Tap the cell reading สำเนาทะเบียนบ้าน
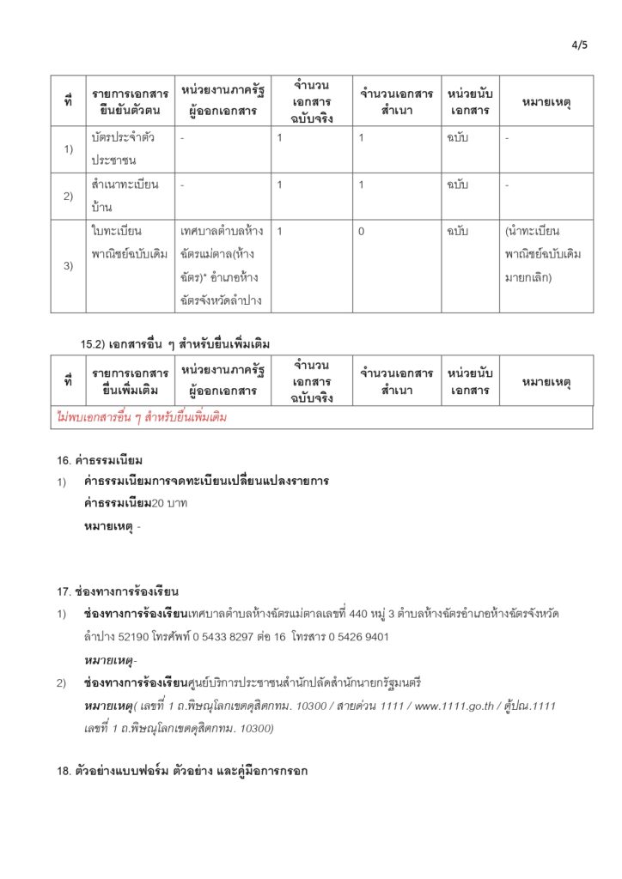[125, 196]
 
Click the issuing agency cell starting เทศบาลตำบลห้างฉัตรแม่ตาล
[223, 266]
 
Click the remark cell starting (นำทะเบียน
[545, 255]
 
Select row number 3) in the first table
[68, 266]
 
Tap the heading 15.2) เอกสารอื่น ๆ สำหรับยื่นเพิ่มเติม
[175, 344]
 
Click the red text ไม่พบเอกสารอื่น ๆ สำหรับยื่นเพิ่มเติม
[142, 418]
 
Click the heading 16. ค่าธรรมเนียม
[100, 460]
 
